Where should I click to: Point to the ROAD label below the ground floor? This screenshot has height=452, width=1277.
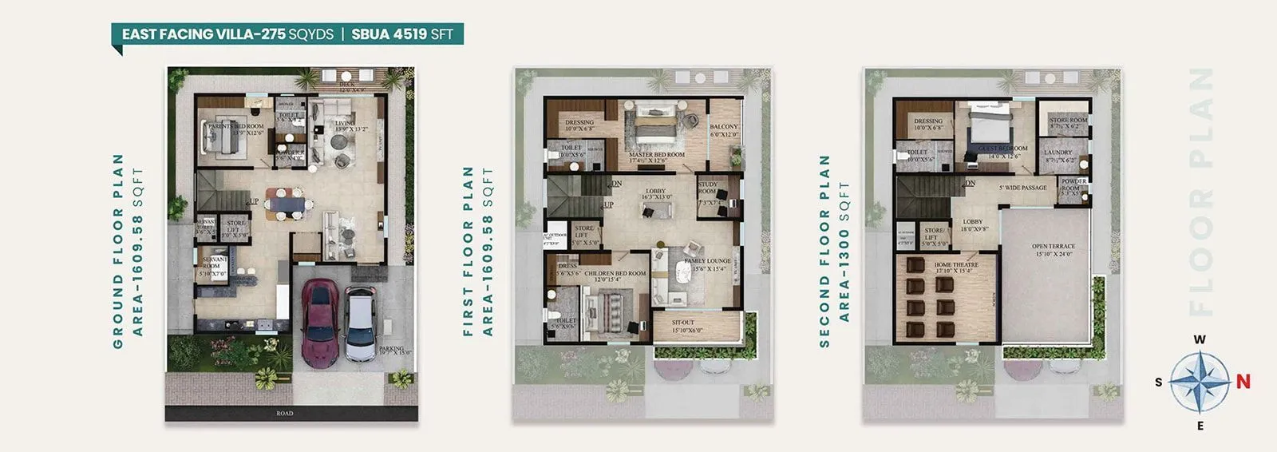285,413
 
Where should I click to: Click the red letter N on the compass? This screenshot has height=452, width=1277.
1243,382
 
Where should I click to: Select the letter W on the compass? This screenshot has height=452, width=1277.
1200,339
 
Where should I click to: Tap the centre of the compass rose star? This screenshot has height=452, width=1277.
1200,383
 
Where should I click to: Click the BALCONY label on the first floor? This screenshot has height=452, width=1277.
724,127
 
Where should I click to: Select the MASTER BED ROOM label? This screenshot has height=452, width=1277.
656,155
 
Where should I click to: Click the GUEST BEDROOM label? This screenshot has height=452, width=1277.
1004,149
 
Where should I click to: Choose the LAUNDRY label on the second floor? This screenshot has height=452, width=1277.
1058,153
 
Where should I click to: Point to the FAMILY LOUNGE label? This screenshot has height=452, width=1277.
707,261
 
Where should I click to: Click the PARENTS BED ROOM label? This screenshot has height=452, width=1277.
235,126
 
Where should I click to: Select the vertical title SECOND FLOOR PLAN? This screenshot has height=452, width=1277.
824,251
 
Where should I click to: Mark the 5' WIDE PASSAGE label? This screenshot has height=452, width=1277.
1022,188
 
